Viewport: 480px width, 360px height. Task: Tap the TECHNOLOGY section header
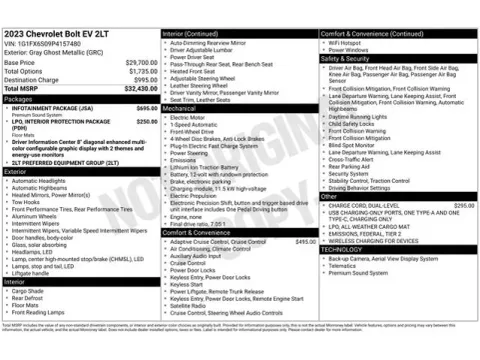coord(346,248)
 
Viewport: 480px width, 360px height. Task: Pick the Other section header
coord(330,196)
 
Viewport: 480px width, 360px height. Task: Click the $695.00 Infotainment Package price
coord(146,107)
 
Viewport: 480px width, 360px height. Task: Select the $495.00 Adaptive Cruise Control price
coord(304,241)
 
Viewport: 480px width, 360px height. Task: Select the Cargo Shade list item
coord(31,290)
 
